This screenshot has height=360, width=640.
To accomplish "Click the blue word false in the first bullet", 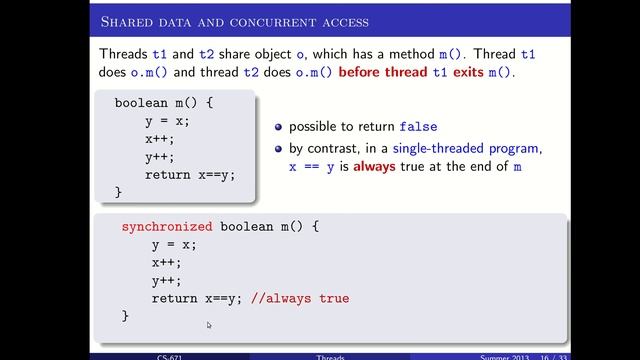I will point(419,128).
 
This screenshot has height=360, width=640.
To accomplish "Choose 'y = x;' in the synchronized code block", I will point(174,245).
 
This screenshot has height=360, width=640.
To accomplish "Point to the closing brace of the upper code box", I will point(118,191).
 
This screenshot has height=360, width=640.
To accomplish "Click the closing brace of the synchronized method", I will point(126,316).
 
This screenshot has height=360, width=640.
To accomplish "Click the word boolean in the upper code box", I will point(142,103).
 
